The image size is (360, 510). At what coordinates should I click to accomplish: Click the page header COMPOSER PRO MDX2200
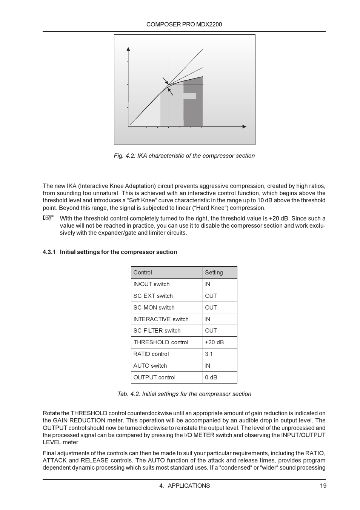[184, 25]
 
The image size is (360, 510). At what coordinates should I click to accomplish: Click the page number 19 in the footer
[323, 485]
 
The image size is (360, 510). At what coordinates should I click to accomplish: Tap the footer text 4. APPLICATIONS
[184, 485]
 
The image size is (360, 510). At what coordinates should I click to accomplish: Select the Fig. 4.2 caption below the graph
[184, 156]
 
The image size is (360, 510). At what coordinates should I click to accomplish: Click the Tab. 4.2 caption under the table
[184, 394]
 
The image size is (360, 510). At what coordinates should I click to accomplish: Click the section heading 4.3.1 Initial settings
[110, 252]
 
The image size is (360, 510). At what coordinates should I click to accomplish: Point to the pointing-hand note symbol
[48, 218]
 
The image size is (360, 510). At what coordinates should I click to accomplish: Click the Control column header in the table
[143, 273]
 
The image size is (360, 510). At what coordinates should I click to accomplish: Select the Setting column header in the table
[214, 273]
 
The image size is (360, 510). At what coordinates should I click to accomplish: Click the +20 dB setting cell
[214, 342]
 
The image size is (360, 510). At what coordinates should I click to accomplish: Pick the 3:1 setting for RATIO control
[209, 354]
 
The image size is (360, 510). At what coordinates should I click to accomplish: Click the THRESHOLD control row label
[161, 342]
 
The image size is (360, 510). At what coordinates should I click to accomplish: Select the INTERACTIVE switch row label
[161, 319]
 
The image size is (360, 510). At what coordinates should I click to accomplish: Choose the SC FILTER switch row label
[157, 331]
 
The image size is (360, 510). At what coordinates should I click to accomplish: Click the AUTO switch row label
[150, 366]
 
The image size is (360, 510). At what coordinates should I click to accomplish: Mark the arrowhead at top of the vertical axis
[128, 49]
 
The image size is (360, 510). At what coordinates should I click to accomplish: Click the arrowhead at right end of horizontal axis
[245, 126]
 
